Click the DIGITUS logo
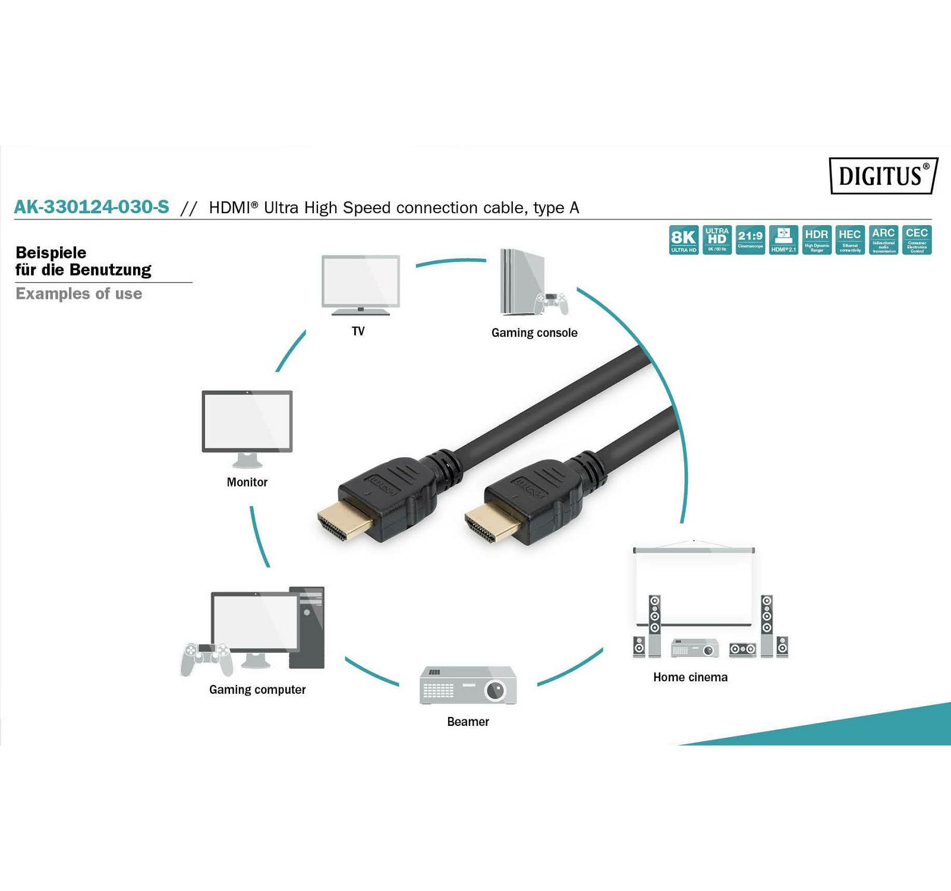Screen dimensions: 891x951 (883, 176)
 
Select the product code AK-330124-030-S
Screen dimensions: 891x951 (92, 207)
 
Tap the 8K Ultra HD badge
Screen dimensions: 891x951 (684, 240)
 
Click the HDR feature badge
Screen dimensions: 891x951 (817, 240)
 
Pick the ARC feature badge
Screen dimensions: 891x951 (883, 240)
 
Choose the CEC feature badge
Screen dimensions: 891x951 (917, 240)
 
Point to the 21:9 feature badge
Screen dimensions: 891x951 (750, 240)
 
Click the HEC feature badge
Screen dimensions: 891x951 (850, 240)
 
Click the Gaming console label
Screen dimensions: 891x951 (534, 333)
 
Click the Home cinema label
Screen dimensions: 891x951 (690, 677)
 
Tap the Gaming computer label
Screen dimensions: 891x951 (257, 690)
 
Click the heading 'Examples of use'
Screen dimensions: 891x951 (79, 293)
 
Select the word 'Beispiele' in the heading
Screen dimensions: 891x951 (51, 252)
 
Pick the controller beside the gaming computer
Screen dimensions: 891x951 (206, 658)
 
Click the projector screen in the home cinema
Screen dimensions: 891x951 (694, 588)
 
